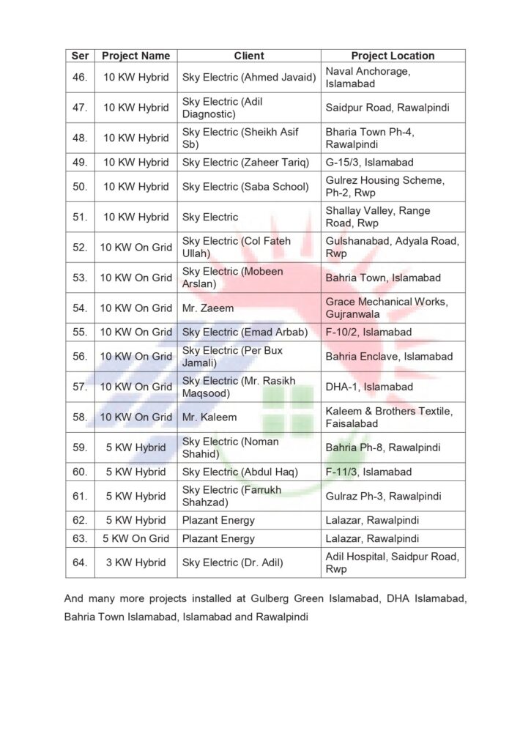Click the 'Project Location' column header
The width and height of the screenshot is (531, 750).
pyautogui.click(x=393, y=56)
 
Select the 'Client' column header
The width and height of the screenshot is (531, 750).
pyautogui.click(x=249, y=56)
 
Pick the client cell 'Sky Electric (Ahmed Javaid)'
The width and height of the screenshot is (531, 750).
pyautogui.click(x=248, y=77)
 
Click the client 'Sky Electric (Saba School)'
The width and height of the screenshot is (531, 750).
pyautogui.click(x=245, y=186)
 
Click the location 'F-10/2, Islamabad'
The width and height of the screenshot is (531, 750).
pyautogui.click(x=370, y=332)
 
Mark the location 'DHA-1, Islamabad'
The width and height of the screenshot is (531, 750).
pyautogui.click(x=369, y=387)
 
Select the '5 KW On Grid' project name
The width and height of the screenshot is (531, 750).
pyautogui.click(x=136, y=538)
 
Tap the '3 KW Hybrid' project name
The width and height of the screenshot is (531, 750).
pyautogui.click(x=136, y=562)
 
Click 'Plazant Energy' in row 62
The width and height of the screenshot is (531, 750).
pyautogui.click(x=218, y=521)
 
